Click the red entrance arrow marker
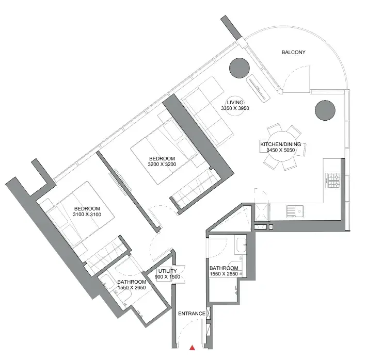(192, 348)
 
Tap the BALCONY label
(293, 52)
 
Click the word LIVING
(235, 102)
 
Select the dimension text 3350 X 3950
(235, 108)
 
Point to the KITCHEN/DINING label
(281, 144)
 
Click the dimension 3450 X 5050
(281, 150)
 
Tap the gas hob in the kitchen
(333, 181)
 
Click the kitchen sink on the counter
(295, 211)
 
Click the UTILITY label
(167, 271)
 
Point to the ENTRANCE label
(192, 314)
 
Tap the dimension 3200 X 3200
(162, 164)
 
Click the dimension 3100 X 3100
(87, 214)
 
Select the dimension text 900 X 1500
(167, 277)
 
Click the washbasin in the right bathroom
(241, 245)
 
